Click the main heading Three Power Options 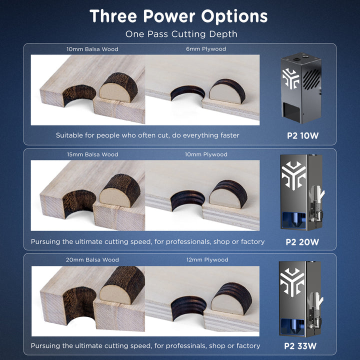tap(178, 16)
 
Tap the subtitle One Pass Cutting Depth tap(181, 34)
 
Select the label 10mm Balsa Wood tap(92, 49)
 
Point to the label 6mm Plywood tap(206, 49)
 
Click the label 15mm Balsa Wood tap(92, 154)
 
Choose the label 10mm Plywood tap(206, 154)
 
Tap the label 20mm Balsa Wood tap(92, 259)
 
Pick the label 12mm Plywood tap(207, 259)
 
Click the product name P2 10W tap(302, 135)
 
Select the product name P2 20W tap(302, 242)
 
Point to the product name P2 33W tap(300, 346)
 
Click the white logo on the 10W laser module tap(290, 78)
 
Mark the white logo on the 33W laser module tap(292, 282)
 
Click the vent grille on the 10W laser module tap(311, 77)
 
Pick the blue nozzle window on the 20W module tap(293, 220)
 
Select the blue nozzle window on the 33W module tap(292, 327)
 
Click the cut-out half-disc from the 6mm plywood tap(227, 91)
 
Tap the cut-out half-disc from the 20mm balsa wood tap(122, 286)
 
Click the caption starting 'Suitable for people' tap(147, 135)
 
